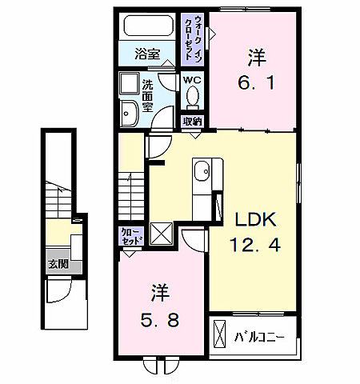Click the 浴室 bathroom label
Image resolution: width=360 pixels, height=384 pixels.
click(x=146, y=57)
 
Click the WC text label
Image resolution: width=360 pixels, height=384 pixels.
click(x=192, y=80)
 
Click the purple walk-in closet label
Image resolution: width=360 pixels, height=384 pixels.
click(x=194, y=39)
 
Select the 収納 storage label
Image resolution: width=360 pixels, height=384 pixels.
click(x=192, y=122)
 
